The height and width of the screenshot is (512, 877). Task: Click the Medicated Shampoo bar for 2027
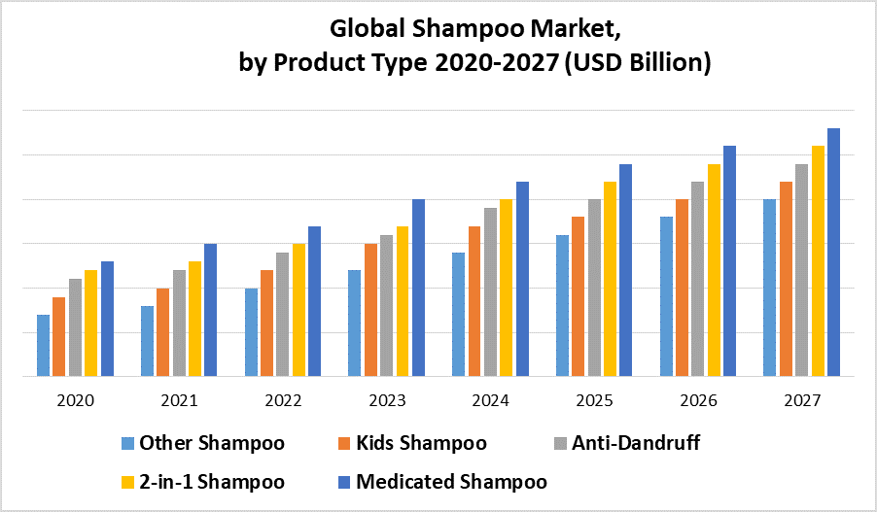(833, 252)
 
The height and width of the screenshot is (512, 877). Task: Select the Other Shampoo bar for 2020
(43, 345)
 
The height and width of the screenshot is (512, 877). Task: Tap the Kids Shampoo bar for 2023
(370, 309)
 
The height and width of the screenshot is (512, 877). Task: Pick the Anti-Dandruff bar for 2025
(593, 287)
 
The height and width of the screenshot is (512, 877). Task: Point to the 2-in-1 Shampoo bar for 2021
(194, 318)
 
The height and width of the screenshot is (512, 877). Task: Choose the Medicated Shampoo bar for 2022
(314, 300)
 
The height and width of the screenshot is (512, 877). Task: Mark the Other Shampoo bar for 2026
(666, 295)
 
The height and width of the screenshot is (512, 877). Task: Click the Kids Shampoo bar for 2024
(474, 300)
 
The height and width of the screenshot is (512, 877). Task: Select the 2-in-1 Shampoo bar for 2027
(818, 260)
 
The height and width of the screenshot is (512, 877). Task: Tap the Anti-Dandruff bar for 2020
(75, 326)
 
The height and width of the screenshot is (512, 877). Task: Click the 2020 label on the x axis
(75, 400)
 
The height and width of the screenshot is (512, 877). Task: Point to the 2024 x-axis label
(490, 400)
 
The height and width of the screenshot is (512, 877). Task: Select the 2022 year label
(283, 400)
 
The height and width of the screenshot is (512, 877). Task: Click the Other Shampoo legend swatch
(127, 444)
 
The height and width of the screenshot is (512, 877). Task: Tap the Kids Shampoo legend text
(422, 444)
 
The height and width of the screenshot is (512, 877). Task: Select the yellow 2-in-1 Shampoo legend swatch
(127, 482)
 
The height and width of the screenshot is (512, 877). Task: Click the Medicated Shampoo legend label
(451, 482)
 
